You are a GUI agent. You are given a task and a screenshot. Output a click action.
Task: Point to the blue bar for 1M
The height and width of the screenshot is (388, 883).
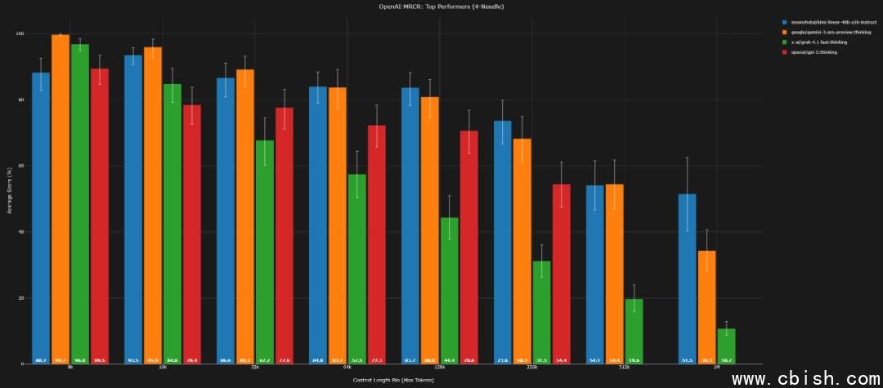688,279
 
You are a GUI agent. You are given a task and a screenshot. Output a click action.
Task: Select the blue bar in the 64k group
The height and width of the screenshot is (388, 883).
318,225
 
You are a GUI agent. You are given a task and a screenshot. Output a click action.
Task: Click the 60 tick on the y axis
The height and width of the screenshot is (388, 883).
20,166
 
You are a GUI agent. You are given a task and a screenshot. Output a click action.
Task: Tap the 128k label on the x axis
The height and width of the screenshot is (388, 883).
440,368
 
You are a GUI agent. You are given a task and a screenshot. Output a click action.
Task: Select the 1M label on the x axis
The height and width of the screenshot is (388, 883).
716,368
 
